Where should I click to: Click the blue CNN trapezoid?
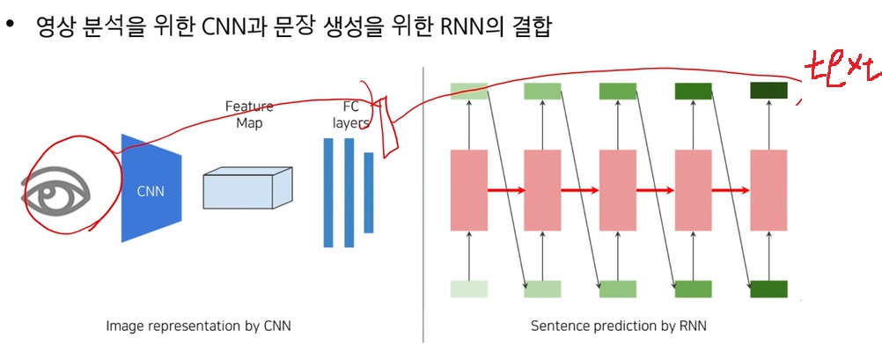click(151, 188)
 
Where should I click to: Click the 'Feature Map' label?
click(249, 114)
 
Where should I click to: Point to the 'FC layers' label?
click(350, 114)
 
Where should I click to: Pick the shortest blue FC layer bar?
click(369, 193)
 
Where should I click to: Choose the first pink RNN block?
click(468, 189)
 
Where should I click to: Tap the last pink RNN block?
click(768, 189)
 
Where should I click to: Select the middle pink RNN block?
click(618, 189)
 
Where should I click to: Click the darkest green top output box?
click(768, 90)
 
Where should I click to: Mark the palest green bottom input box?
click(468, 289)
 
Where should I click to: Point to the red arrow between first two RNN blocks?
click(505, 189)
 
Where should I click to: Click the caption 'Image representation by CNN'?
click(198, 327)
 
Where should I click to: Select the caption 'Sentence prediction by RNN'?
click(618, 327)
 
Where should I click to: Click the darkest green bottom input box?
click(768, 289)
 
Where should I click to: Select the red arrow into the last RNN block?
click(731, 189)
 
